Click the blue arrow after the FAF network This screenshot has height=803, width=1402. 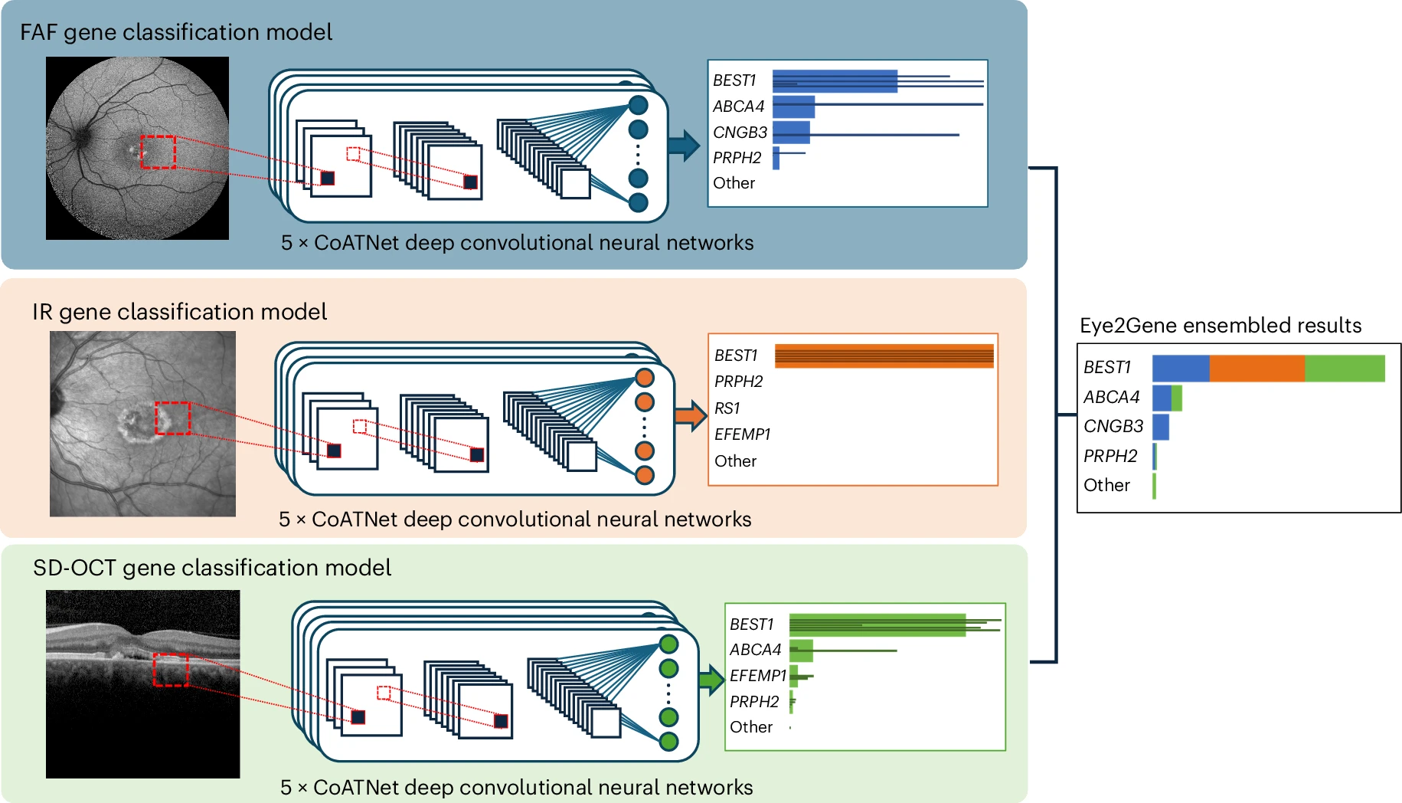coord(684,145)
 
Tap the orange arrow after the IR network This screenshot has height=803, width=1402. coord(690,416)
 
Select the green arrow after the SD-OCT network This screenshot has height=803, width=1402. coord(711,680)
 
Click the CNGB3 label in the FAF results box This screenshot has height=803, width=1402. coord(740,133)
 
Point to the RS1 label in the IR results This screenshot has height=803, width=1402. coord(727,408)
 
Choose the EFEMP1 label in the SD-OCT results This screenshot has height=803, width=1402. coord(757,676)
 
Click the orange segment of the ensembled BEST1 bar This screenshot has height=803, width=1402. coord(1257,369)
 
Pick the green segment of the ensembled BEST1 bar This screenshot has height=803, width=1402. coord(1345,369)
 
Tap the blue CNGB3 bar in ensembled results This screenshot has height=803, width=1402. coord(1161,427)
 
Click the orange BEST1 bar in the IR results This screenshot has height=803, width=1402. coord(884,356)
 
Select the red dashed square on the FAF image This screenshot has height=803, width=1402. coord(159,152)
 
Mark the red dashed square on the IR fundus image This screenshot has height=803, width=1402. coord(173,418)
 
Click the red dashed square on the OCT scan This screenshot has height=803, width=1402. coord(170,670)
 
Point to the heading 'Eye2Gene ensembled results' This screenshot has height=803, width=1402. coord(1220,326)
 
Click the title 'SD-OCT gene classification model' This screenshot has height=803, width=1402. coord(212,568)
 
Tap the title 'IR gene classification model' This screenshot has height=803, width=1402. coord(179,312)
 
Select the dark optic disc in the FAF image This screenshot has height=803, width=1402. coord(79,137)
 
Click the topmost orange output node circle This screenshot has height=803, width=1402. coord(645,378)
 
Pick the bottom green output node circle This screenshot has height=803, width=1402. coord(668,741)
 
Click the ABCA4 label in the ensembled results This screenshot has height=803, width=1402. coord(1111,397)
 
